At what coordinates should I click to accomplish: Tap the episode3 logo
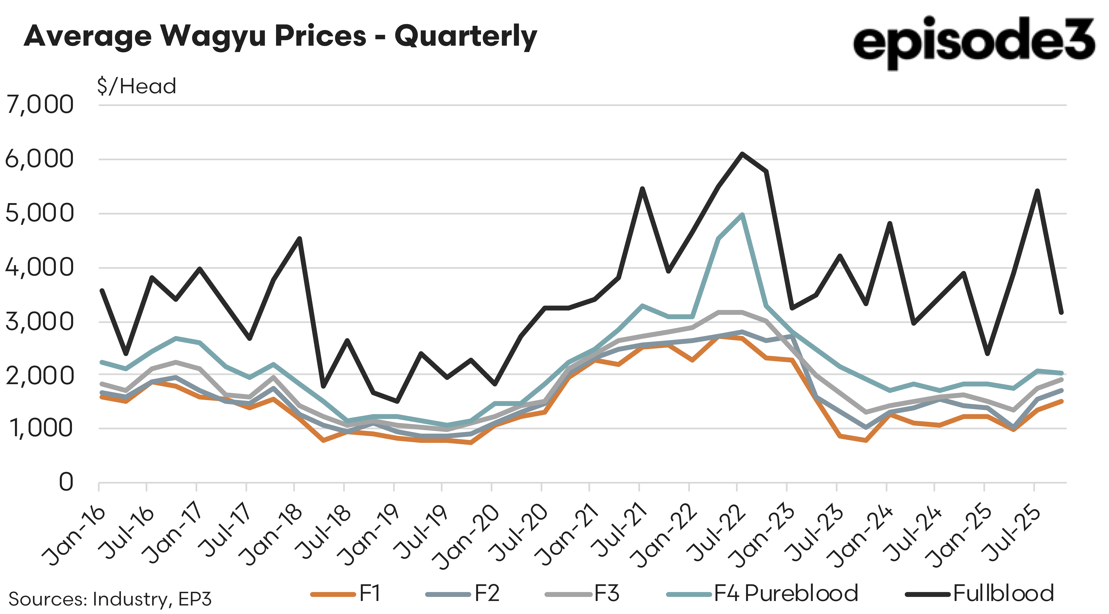pos(974,42)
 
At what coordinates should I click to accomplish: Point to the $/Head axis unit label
pos(136,86)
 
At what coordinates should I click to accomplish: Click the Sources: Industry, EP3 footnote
pos(110,599)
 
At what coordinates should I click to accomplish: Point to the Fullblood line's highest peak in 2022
pos(742,154)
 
